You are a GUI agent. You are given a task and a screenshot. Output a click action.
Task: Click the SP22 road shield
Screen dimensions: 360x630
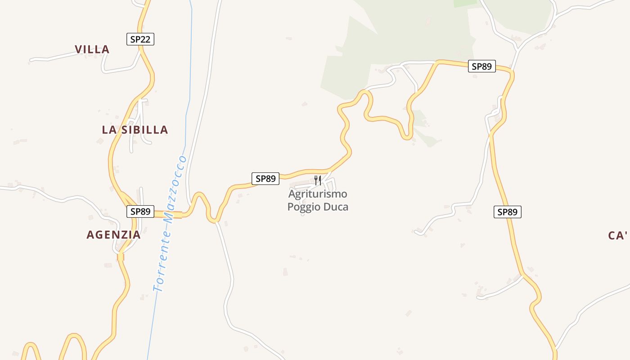[140, 39]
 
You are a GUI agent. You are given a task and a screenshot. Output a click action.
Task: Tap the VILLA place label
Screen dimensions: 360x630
[92, 49]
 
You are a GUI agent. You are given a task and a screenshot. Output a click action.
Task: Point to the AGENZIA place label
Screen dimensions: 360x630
[113, 234]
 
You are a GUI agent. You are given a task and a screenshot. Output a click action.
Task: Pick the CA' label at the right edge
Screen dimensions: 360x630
[618, 235]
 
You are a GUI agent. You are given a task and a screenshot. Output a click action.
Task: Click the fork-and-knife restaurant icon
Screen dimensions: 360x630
[318, 180]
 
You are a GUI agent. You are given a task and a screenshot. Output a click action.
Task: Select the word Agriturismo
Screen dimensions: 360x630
[318, 194]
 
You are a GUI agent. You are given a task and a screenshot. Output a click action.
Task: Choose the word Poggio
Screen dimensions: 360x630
[304, 207]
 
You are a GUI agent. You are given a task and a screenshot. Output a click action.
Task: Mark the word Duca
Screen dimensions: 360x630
[336, 207]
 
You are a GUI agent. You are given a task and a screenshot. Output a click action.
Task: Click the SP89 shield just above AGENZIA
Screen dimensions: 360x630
[140, 211]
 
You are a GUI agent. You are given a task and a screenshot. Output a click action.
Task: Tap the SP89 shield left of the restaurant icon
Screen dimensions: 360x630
[265, 179]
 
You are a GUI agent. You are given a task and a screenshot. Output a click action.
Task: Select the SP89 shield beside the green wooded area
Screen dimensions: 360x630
[481, 67]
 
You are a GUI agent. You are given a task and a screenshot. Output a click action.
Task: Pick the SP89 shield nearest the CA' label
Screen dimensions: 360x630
[508, 212]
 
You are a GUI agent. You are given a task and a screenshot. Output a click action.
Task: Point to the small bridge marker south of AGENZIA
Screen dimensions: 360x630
[120, 257]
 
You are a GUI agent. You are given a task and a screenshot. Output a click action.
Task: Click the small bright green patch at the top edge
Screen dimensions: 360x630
[465, 3]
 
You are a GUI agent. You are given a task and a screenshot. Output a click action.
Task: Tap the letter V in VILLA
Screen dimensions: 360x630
[79, 49]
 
